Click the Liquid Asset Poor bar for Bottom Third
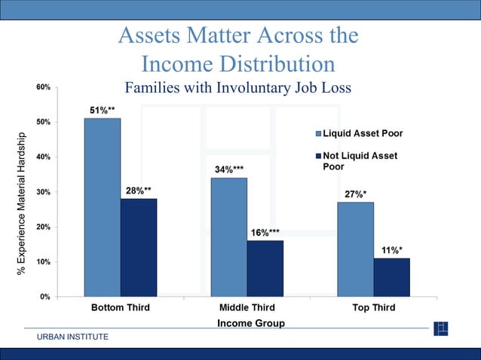click(x=102, y=207)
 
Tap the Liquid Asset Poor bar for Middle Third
click(x=228, y=236)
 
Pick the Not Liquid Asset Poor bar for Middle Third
click(x=265, y=268)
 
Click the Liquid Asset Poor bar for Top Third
click(x=355, y=249)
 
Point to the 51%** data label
click(x=103, y=110)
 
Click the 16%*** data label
click(x=265, y=233)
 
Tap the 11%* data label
click(x=391, y=250)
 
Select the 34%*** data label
click(x=230, y=169)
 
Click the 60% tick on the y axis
click(x=43, y=87)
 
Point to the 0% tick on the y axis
click(x=45, y=297)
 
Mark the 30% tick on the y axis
click(x=43, y=192)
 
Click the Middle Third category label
click(x=247, y=308)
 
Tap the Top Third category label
click(x=373, y=308)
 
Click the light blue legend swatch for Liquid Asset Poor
click(x=317, y=134)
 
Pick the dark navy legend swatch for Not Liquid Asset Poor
click(x=317, y=156)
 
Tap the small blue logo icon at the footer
click(x=441, y=328)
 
